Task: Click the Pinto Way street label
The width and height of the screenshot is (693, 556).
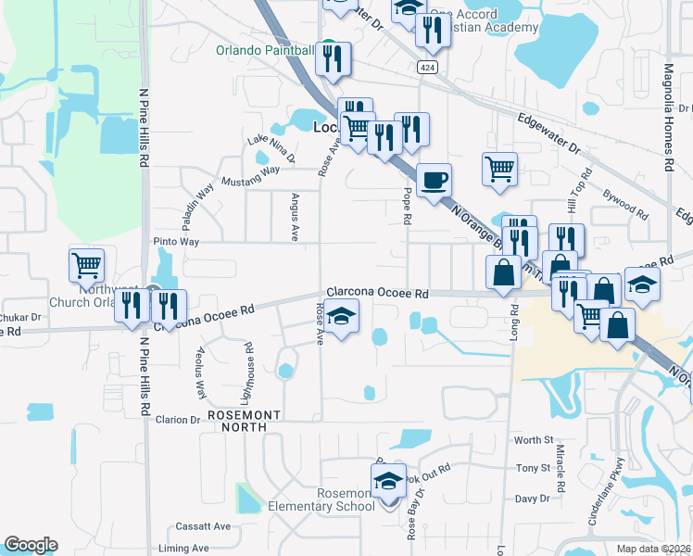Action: (176, 242)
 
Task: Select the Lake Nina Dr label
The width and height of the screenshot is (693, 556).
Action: (270, 148)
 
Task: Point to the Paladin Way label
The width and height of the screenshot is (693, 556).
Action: (198, 207)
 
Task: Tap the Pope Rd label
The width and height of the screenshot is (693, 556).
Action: (407, 206)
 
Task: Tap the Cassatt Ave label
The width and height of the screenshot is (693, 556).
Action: (208, 526)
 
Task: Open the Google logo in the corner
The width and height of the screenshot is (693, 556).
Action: (31, 546)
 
